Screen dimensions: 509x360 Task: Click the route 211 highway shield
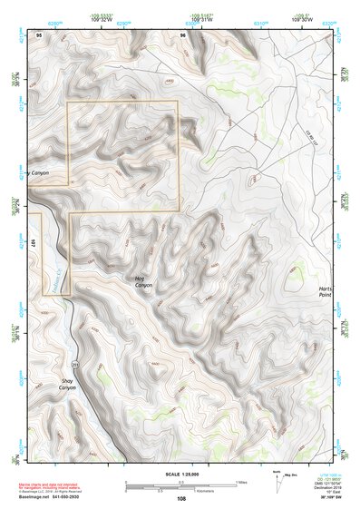click(75, 365)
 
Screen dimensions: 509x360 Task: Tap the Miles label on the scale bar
click(239, 483)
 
